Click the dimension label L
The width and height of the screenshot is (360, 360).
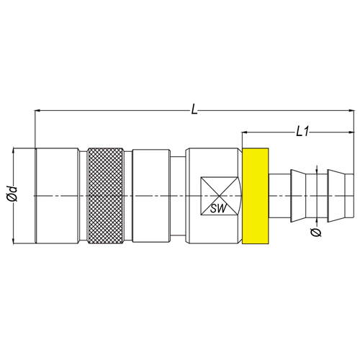click(x=194, y=109)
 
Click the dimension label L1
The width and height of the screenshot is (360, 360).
click(x=302, y=132)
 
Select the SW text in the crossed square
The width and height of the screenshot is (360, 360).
click(x=218, y=208)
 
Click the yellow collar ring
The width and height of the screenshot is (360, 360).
click(x=256, y=196)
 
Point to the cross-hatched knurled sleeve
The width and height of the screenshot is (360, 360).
click(x=106, y=196)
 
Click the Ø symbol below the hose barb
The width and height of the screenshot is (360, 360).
click(x=316, y=233)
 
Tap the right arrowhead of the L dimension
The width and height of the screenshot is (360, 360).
click(x=351, y=111)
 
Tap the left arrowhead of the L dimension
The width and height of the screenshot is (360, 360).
click(x=38, y=111)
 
